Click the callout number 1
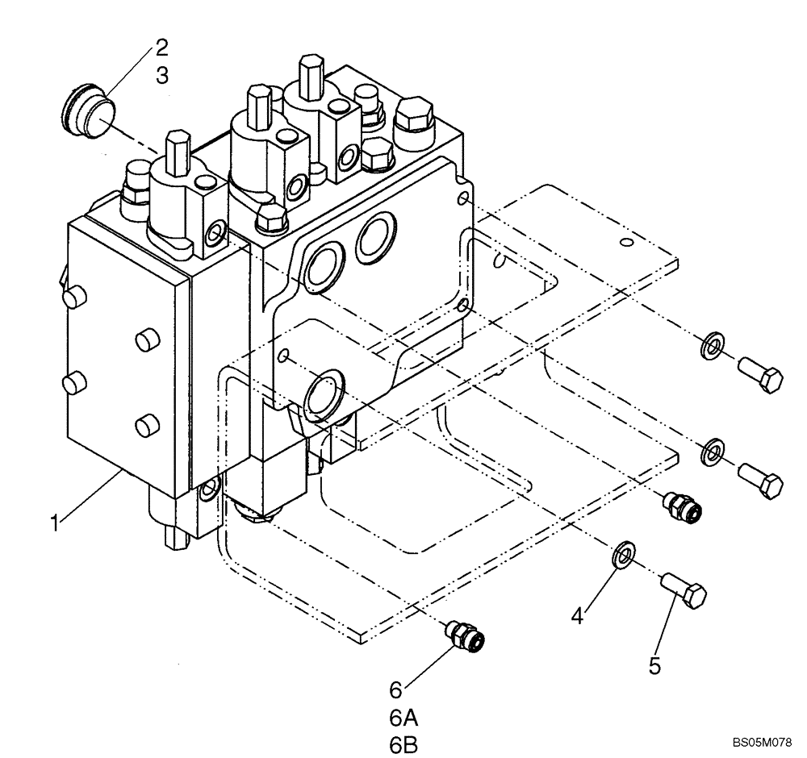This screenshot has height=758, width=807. [54, 523]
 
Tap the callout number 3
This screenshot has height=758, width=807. [162, 75]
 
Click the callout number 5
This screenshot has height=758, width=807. [655, 665]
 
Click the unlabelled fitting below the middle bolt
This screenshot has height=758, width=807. [682, 505]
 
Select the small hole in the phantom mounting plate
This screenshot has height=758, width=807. [624, 241]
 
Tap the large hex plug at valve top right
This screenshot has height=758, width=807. [414, 119]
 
